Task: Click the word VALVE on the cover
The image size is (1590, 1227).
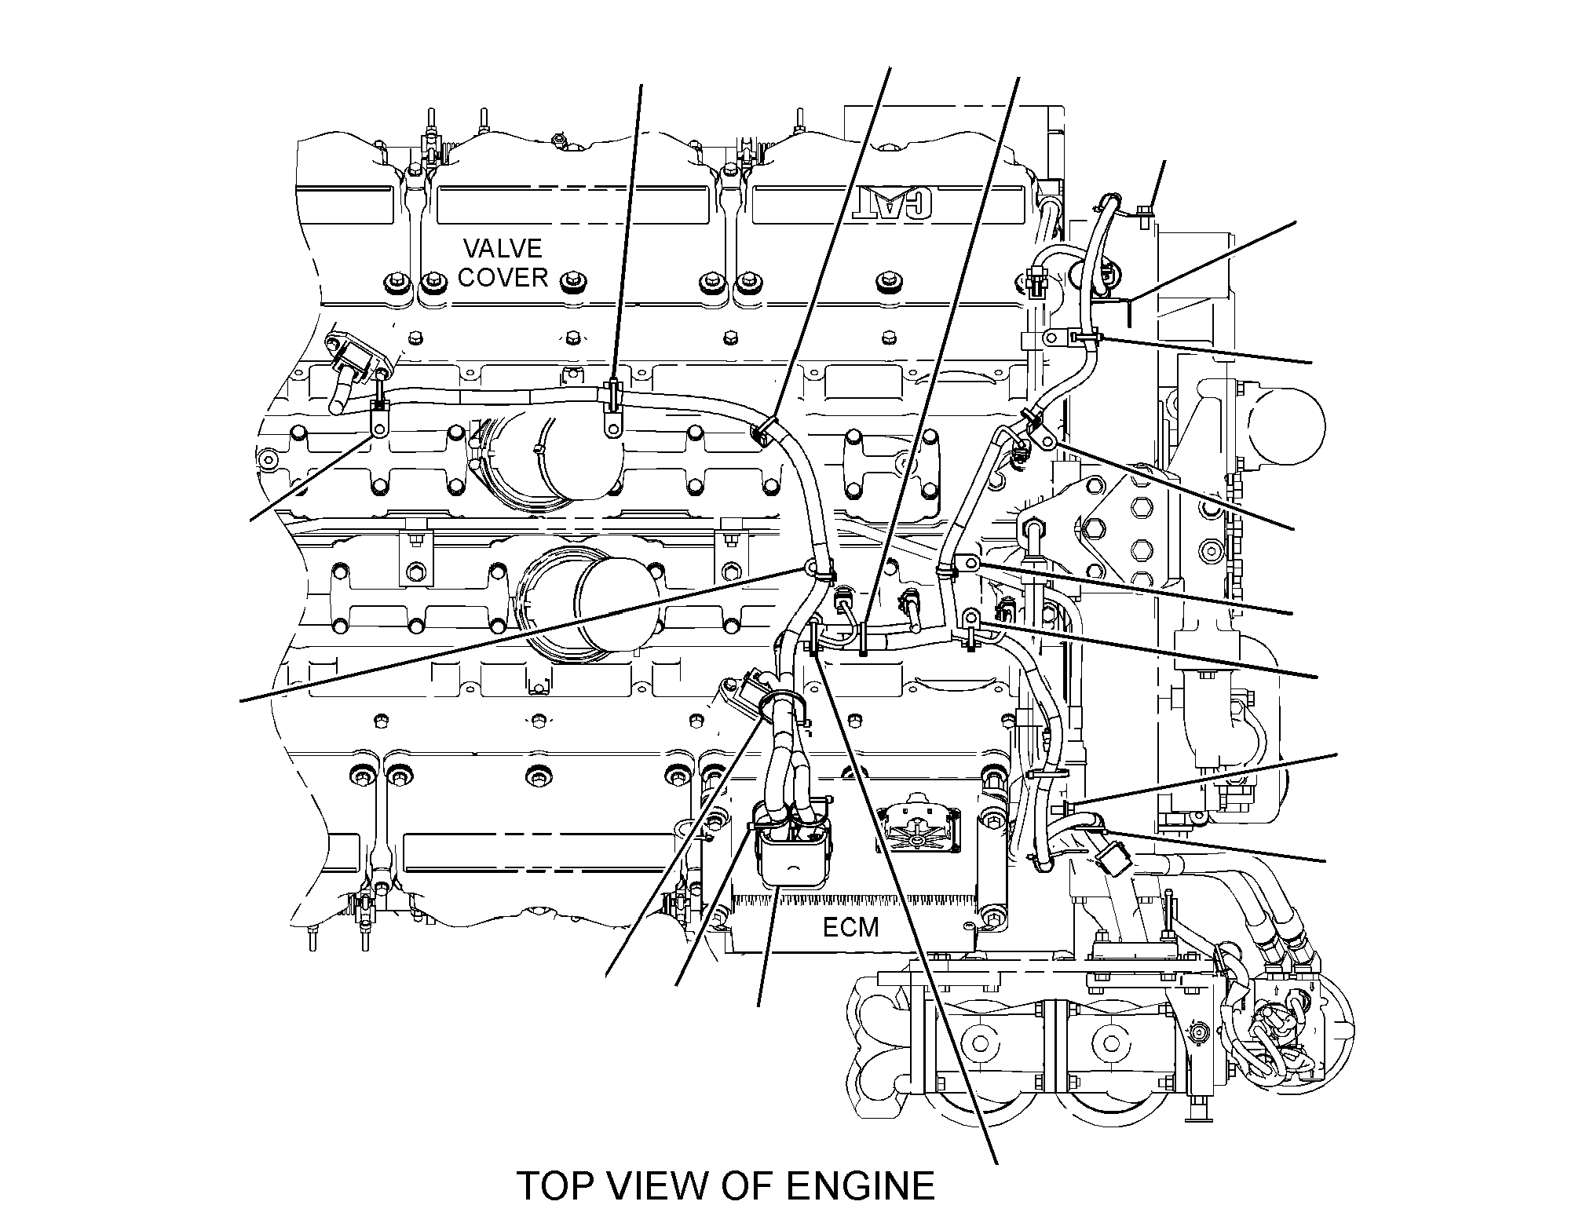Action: tap(503, 249)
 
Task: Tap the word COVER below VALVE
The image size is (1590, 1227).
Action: tap(503, 277)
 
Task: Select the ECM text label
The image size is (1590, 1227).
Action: tap(850, 928)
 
